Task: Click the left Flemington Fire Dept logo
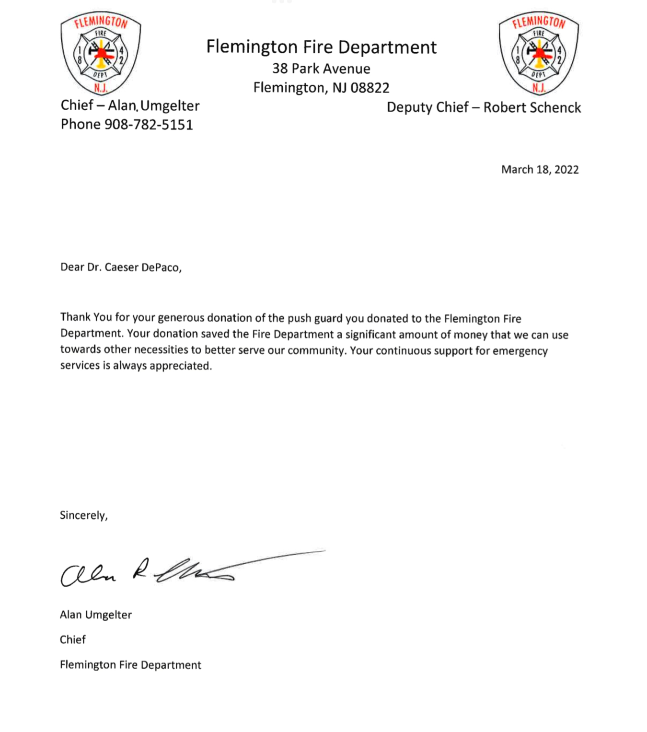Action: pyautogui.click(x=101, y=53)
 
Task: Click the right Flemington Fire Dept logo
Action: pyautogui.click(x=539, y=53)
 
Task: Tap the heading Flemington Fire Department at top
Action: pyautogui.click(x=321, y=47)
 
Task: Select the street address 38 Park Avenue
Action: pyautogui.click(x=321, y=69)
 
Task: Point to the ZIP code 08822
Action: pyautogui.click(x=370, y=88)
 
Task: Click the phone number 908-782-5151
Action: pyautogui.click(x=149, y=125)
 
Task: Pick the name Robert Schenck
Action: pyautogui.click(x=532, y=107)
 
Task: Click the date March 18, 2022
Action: pyautogui.click(x=540, y=170)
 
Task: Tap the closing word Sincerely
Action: pyautogui.click(x=83, y=515)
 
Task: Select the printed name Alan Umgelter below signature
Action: pyautogui.click(x=95, y=615)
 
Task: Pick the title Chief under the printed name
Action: pyautogui.click(x=72, y=640)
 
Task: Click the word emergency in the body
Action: pyautogui.click(x=520, y=351)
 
